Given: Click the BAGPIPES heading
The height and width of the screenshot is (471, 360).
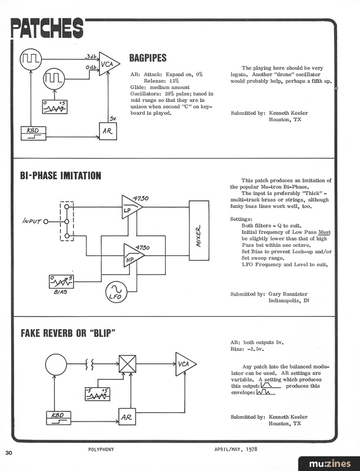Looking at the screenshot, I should pyautogui.click(x=148, y=58).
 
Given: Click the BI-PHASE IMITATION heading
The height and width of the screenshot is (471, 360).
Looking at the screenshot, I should pyautogui.click(x=61, y=175).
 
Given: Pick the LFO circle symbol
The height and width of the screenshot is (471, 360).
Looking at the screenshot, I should pyautogui.click(x=115, y=291).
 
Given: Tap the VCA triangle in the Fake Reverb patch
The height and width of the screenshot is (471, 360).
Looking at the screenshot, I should pyautogui.click(x=186, y=365).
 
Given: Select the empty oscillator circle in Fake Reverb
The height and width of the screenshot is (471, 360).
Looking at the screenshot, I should pyautogui.click(x=57, y=364).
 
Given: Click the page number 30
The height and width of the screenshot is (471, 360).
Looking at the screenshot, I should pyautogui.click(x=9, y=453).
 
